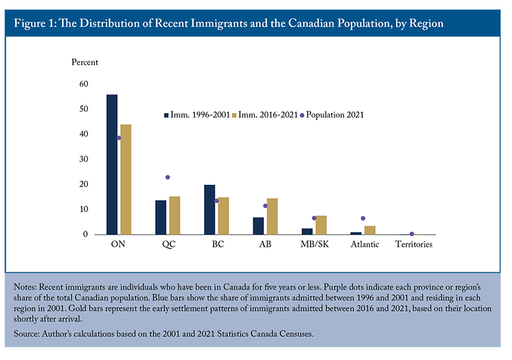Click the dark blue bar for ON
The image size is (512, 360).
pyautogui.click(x=112, y=164)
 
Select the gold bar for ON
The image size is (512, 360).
pyautogui.click(x=125, y=180)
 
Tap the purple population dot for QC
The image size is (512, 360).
pyautogui.click(x=168, y=177)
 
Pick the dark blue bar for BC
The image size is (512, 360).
pyautogui.click(x=210, y=210)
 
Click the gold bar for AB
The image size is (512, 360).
pyautogui.click(x=273, y=216)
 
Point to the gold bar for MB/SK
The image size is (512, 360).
pyautogui.click(x=321, y=225)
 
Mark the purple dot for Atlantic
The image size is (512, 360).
pyautogui.click(x=363, y=218)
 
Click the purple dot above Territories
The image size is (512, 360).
pyautogui.click(x=412, y=234)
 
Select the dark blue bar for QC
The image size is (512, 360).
pyautogui.click(x=161, y=217)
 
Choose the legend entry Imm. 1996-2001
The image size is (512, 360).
pyautogui.click(x=197, y=115)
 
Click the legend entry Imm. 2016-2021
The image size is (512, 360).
pyautogui.click(x=265, y=115)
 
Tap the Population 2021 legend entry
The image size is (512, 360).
pyautogui.click(x=332, y=115)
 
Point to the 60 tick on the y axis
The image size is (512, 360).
pyautogui.click(x=84, y=84)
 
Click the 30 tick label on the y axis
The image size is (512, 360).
pyautogui.click(x=84, y=159)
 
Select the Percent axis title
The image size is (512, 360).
pyautogui.click(x=84, y=62)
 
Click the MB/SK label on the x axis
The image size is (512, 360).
pyautogui.click(x=315, y=244)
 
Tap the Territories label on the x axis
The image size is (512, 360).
pyautogui.click(x=413, y=244)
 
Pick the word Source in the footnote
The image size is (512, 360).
pyautogui.click(x=26, y=334)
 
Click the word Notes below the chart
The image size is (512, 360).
pyautogui.click(x=25, y=287)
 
